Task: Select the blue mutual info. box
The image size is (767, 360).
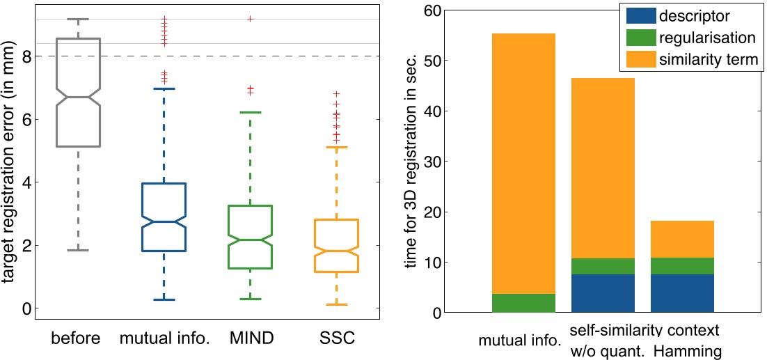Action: [x=164, y=217]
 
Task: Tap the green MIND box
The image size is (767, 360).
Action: [x=250, y=237]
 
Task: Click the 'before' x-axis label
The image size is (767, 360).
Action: [x=76, y=339]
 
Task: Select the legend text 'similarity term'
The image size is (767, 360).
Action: [x=710, y=59]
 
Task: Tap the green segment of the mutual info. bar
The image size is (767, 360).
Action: [x=523, y=303]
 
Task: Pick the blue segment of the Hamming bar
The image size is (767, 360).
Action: [x=682, y=293]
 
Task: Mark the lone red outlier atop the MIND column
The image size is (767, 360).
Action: [x=250, y=19]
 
